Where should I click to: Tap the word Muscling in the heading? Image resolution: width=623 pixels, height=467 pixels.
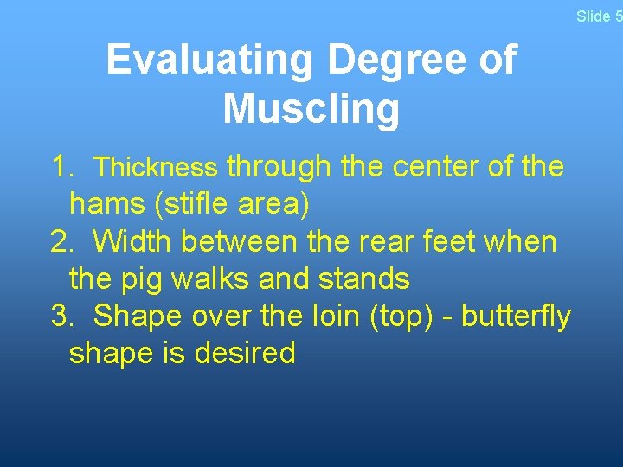(x=311, y=110)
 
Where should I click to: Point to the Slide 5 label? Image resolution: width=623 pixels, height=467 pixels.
(x=599, y=16)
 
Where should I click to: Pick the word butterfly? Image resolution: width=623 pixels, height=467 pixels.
(x=516, y=317)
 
